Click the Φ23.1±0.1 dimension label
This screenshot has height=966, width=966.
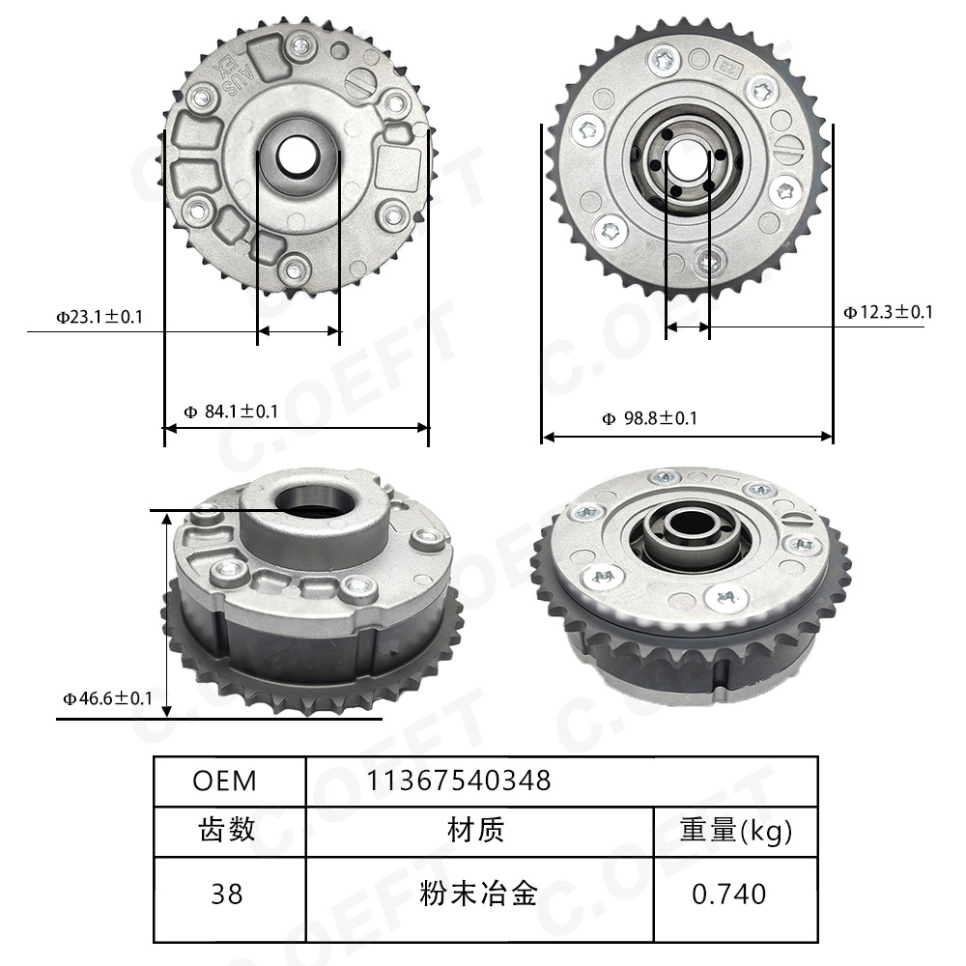(99, 316)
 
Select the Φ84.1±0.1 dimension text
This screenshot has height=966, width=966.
(231, 412)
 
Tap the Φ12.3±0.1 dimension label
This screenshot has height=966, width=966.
(888, 311)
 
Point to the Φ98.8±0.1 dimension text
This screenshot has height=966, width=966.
(649, 418)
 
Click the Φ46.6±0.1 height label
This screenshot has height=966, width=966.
(107, 697)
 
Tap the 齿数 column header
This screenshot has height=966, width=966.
(226, 830)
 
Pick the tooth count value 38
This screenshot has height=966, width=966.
(226, 894)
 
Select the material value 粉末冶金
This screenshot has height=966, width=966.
(477, 894)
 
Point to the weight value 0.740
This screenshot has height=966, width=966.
(729, 894)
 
